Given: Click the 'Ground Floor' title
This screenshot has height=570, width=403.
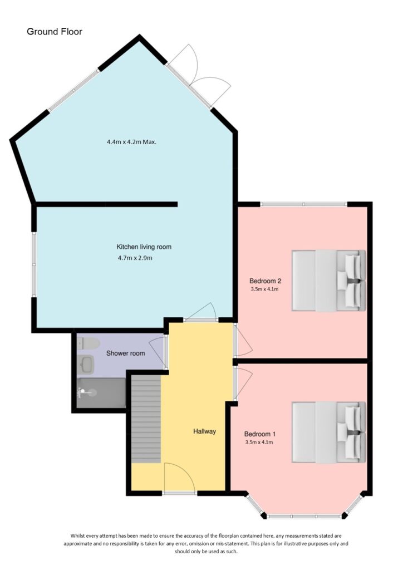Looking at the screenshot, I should [55, 32].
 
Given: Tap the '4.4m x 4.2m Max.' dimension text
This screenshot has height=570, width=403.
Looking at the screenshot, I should [131, 142].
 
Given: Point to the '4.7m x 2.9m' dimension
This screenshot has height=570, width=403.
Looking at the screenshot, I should [135, 258].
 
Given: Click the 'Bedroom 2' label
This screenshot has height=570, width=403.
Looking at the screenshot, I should [264, 281].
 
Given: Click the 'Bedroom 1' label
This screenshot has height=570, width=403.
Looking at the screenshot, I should [260, 434].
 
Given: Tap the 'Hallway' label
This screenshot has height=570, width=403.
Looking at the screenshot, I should [204, 431].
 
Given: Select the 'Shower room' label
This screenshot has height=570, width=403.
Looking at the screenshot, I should [125, 353].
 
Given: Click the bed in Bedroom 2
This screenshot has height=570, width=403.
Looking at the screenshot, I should [328, 281].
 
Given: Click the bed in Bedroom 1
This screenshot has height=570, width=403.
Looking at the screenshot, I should [328, 432].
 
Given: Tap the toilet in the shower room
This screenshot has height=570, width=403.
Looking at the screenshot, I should [88, 343].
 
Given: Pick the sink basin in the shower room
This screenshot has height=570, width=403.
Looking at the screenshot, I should [87, 365].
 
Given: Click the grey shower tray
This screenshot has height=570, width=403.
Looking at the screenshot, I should [101, 393].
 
